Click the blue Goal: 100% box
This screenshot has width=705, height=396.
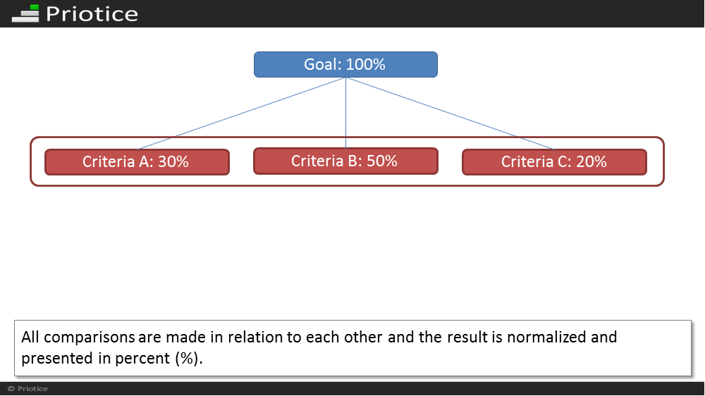pos(345,64)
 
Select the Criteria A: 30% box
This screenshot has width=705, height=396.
pos(137,162)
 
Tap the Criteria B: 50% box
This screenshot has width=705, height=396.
pos(345,161)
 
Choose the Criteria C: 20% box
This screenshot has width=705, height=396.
pos(554,162)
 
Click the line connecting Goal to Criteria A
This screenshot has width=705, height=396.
pos(241,113)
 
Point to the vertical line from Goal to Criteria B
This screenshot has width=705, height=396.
pos(345,112)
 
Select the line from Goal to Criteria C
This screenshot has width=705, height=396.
pos(450,113)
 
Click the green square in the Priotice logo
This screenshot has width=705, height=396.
pos(34,8)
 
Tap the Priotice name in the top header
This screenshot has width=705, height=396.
pos(92,14)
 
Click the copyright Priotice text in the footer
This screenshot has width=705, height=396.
pos(27,389)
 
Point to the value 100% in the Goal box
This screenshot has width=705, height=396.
pos(365,64)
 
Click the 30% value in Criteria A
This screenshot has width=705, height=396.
pos(173,162)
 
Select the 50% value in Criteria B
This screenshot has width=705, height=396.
pos(381,161)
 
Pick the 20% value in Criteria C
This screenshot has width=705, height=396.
pos(591,162)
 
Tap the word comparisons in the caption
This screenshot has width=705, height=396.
pos(90,337)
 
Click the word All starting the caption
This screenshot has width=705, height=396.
pos(30,337)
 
